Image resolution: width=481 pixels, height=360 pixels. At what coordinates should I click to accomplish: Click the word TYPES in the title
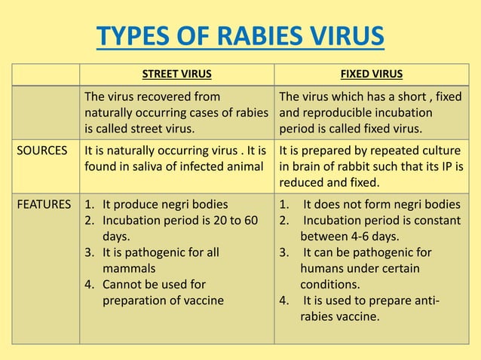(x=133, y=38)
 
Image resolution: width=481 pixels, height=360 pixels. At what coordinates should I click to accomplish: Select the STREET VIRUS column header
(x=176, y=74)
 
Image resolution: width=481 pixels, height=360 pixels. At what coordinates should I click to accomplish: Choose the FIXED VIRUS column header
(x=371, y=74)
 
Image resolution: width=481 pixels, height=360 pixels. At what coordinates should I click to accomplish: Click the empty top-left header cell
(x=45, y=74)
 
